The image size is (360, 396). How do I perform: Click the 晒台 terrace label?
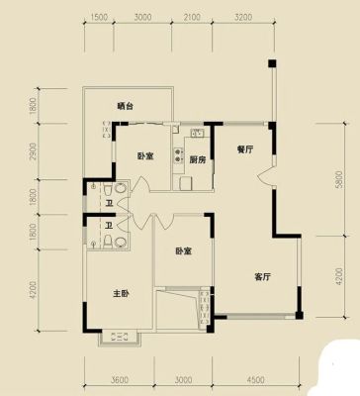point(126,106)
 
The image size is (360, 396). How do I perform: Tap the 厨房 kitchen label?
point(198,160)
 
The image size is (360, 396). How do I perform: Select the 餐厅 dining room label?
point(245,149)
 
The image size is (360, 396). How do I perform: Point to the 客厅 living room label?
point(263,276)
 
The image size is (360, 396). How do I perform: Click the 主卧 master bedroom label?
point(121,293)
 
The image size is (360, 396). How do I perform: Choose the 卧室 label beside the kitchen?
point(145,155)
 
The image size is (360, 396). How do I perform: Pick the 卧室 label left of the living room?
point(183,251)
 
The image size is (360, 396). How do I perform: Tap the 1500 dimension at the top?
point(98,17)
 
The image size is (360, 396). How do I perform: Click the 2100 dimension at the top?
point(191,17)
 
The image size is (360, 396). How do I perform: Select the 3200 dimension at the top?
point(243,17)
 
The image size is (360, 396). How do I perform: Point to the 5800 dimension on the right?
point(339,179)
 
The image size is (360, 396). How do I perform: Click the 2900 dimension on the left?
point(33,151)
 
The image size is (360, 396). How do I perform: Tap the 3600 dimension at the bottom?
point(119,380)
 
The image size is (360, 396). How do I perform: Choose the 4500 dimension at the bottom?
point(255,380)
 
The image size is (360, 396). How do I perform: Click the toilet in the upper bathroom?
point(108,190)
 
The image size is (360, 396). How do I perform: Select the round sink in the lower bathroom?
point(121,243)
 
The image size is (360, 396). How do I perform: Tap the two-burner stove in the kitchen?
point(178,155)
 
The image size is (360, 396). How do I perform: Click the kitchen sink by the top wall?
point(198,133)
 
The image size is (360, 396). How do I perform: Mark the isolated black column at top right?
point(272,63)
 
